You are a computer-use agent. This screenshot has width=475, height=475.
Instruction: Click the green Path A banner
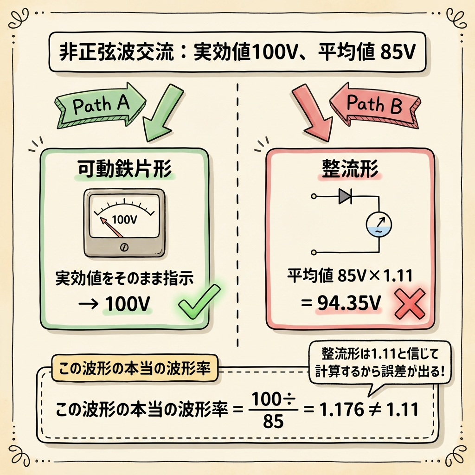(95, 105)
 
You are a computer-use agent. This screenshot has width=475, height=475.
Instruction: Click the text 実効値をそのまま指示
(124, 278)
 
